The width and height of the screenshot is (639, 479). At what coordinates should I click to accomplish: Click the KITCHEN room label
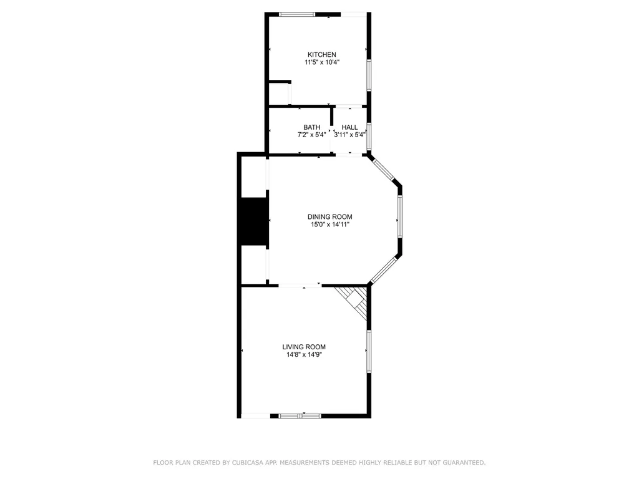(x=321, y=55)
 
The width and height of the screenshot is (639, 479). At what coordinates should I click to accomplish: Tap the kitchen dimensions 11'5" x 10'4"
(x=322, y=62)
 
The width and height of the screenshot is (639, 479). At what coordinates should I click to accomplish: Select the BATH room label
(x=311, y=127)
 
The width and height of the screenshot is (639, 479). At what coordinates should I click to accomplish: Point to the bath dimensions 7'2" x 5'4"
(x=311, y=135)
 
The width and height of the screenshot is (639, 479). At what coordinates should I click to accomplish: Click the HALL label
(x=349, y=127)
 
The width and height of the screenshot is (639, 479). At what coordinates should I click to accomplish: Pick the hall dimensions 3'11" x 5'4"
(x=349, y=135)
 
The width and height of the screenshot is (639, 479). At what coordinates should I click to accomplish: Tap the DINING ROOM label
(x=329, y=216)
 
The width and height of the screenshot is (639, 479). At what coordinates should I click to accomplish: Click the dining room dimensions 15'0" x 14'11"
(x=329, y=225)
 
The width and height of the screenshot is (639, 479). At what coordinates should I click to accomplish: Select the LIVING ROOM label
(x=304, y=347)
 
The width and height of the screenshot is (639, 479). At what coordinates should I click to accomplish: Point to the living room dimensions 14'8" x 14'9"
(x=304, y=355)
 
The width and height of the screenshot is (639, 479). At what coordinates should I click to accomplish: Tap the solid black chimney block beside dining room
(x=254, y=221)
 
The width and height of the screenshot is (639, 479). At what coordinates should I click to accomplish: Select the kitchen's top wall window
(x=297, y=14)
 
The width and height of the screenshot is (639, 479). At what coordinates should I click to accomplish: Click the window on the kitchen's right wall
(x=369, y=75)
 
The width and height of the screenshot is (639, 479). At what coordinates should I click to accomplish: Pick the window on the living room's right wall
(x=369, y=352)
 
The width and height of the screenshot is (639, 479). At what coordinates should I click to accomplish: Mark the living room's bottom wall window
(x=300, y=416)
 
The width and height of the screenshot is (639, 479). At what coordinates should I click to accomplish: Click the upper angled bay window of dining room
(x=384, y=169)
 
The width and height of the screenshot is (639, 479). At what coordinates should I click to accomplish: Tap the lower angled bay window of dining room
(x=384, y=271)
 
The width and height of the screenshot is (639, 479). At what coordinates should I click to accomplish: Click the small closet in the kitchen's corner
(x=279, y=94)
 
